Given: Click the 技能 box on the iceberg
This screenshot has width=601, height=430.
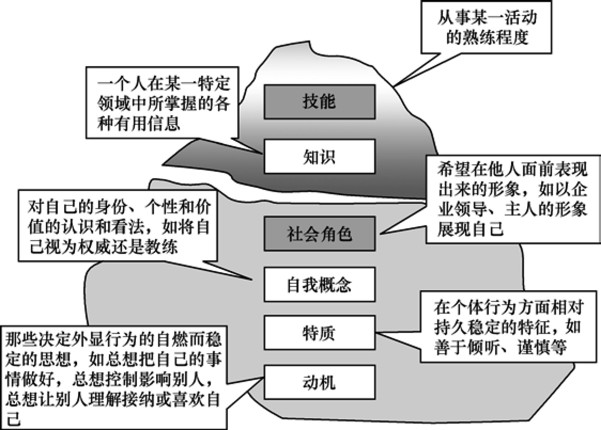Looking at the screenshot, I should (x=319, y=102).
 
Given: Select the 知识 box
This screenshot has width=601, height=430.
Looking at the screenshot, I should (x=319, y=157).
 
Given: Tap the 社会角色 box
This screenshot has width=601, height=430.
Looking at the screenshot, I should (x=319, y=234).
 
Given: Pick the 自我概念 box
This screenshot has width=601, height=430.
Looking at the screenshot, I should (x=319, y=285).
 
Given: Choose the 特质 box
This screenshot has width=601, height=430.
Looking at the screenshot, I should (x=319, y=333).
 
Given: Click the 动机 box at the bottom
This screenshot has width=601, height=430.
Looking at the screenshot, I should (x=319, y=382).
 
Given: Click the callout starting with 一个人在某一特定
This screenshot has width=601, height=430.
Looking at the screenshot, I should (x=162, y=103).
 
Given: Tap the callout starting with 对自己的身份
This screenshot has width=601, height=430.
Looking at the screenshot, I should (x=118, y=226).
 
